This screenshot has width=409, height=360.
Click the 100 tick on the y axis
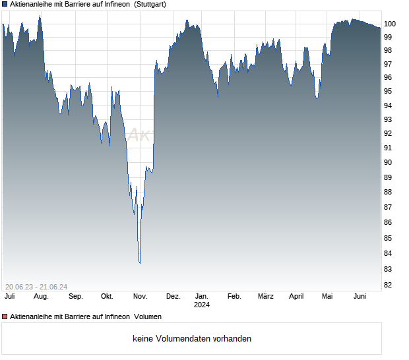point(390,23)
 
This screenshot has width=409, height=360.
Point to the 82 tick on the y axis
point(389,285)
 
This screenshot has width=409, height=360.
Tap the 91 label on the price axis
point(389,148)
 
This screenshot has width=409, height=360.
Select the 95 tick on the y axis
point(389,91)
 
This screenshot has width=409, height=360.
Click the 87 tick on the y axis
point(389,207)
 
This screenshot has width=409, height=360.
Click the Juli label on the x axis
point(9,296)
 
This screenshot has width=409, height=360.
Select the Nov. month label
point(139,296)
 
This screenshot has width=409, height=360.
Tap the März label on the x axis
point(265,296)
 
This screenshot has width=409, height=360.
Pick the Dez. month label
point(173,296)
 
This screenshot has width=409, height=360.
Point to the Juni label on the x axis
point(360,296)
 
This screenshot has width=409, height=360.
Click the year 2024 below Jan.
point(202,305)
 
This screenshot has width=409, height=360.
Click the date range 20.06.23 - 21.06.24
point(36,286)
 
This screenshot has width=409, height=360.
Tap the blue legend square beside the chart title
point(5,4)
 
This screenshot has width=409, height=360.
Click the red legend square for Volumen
point(5,317)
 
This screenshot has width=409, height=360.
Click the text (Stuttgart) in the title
point(150,4)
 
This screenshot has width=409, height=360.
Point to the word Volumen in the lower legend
point(148,317)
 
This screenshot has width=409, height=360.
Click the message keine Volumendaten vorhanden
point(192,339)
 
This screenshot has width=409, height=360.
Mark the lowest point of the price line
point(139,263)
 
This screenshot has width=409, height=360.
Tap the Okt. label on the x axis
point(107,296)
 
